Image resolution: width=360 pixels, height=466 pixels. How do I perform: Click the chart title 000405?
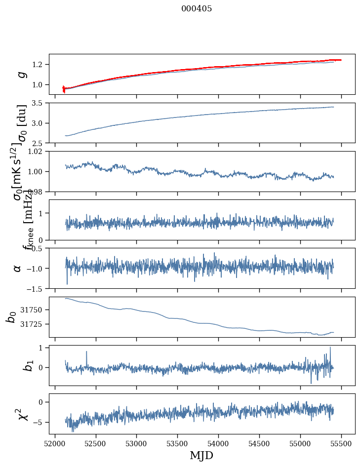pos(197,9)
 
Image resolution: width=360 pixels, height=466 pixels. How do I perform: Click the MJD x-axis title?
pos(201,455)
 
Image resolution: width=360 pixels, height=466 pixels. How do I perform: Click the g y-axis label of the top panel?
pos(21,74)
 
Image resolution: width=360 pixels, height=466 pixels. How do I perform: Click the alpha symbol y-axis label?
pos(18,268)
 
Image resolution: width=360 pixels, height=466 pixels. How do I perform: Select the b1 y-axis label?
pos(15,365)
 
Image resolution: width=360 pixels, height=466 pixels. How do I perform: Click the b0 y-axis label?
pos(11,316)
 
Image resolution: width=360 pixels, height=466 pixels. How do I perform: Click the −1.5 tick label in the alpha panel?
pos(38,288)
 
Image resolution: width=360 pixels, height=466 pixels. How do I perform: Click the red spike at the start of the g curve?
pos(64,89)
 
